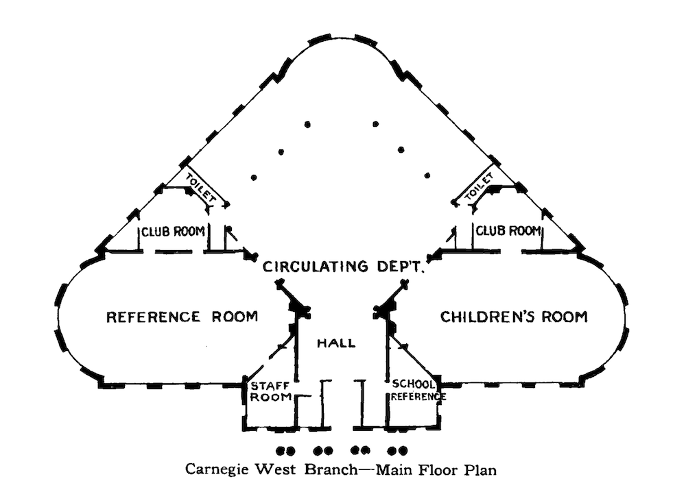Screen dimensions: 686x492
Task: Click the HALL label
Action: click(x=336, y=343)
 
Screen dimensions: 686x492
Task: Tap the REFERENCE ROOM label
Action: click(x=182, y=317)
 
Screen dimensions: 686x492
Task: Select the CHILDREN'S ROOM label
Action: click(x=514, y=317)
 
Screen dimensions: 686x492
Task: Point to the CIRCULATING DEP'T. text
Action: click(x=344, y=266)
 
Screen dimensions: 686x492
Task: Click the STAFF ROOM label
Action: click(x=270, y=391)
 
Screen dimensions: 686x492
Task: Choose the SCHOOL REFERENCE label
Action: click(x=418, y=390)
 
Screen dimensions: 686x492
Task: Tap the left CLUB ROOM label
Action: click(x=174, y=231)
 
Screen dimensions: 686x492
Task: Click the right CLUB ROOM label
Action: click(x=508, y=230)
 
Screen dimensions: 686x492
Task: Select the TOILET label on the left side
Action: click(x=201, y=188)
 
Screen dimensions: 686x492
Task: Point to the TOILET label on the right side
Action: click(x=479, y=186)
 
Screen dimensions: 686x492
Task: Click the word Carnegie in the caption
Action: click(x=217, y=469)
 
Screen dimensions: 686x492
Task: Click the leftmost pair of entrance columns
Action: click(x=285, y=450)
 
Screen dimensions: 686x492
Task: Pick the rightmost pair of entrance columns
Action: click(x=397, y=450)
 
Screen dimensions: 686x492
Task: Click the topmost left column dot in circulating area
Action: click(x=307, y=125)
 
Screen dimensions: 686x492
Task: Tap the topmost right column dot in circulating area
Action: click(x=375, y=124)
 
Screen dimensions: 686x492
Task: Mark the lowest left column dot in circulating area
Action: click(x=254, y=177)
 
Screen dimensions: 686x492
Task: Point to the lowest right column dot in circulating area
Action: click(x=427, y=175)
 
